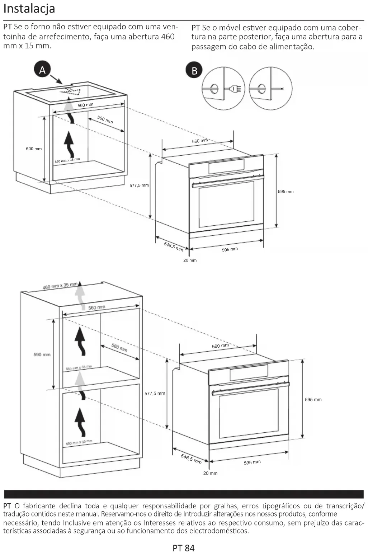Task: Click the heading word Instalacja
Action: tap(29, 8)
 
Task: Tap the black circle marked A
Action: tap(42, 70)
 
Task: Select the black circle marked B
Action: tap(194, 70)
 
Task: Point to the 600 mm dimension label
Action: tap(34, 149)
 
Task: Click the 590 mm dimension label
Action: tap(42, 354)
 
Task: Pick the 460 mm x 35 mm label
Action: tap(60, 286)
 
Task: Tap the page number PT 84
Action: tap(183, 548)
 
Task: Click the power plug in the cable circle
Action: tap(230, 88)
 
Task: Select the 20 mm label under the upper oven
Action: tap(190, 260)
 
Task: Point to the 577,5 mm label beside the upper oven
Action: tap(139, 185)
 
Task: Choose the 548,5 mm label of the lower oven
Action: tap(191, 459)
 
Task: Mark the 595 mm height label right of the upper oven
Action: tap(286, 192)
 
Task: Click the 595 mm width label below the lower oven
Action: tap(252, 462)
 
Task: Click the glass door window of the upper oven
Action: tap(226, 204)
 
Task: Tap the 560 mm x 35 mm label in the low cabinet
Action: tap(67, 160)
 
